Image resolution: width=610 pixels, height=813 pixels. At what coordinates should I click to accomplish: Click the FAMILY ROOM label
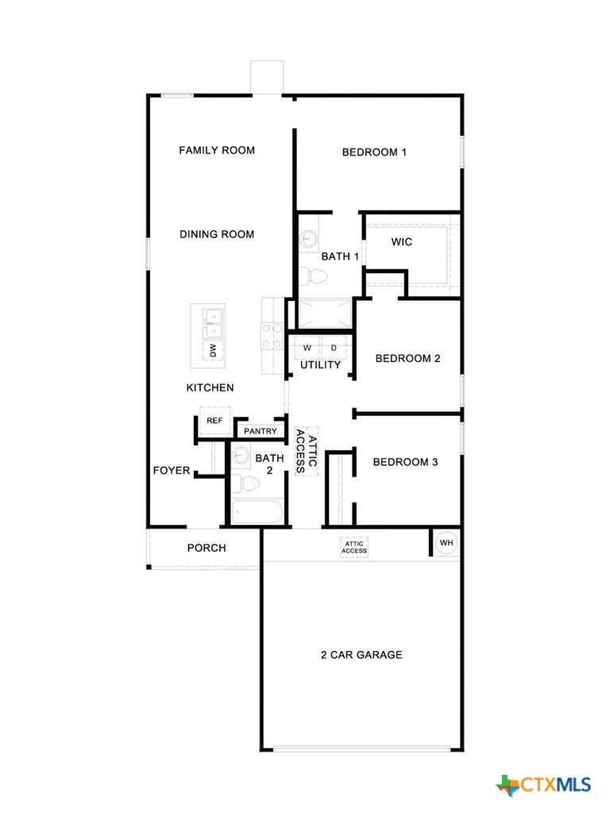217,150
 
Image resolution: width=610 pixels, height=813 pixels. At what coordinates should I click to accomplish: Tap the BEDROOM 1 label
374,152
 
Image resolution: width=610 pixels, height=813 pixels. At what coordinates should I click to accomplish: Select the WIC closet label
401,241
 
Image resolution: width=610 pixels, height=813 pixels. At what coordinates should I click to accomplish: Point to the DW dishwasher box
213,351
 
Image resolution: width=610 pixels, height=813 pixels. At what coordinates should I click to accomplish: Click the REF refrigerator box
214,421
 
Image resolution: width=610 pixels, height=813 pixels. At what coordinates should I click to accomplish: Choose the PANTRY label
261,431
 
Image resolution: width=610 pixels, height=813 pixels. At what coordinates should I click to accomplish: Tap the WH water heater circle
446,543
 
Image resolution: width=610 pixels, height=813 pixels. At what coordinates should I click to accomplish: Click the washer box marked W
307,348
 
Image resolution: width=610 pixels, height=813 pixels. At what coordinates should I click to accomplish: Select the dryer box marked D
334,348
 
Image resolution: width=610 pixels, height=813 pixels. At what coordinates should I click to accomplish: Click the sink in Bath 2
241,455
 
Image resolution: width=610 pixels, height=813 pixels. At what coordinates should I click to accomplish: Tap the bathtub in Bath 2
257,512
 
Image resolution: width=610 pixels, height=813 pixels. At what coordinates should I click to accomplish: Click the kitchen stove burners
272,336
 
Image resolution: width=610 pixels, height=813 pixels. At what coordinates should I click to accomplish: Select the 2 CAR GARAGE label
361,655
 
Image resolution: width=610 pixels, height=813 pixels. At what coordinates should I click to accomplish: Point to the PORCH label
207,548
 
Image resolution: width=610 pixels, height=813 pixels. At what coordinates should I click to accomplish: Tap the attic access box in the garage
354,548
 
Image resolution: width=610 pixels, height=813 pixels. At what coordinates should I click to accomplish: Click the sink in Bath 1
309,238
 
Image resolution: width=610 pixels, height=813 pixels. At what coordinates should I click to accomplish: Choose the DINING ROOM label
217,234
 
